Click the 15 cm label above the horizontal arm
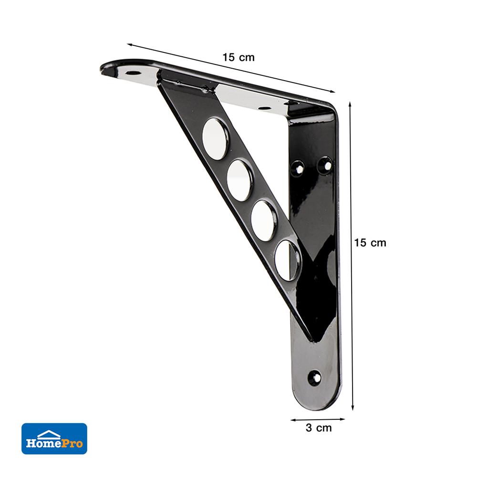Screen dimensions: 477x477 click(x=238, y=57)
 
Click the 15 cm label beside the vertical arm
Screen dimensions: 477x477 click(x=370, y=242)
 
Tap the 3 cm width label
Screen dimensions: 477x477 click(x=319, y=428)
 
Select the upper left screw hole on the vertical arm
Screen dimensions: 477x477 click(x=298, y=167)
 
